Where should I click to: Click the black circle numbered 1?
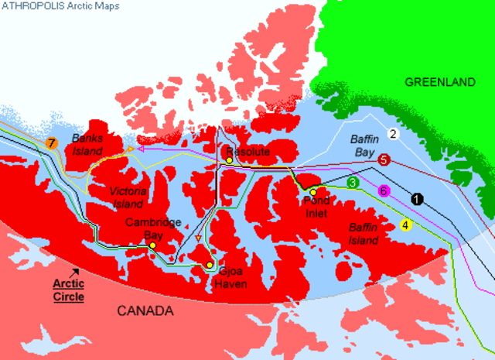pos(418,198)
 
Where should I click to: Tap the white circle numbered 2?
pos(392,134)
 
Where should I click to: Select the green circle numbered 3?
pos(353,183)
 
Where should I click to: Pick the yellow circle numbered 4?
pos(406,226)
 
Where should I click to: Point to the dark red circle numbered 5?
pos(384,159)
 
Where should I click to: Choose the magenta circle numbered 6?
pos(383,190)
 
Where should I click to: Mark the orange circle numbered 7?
pos(51,143)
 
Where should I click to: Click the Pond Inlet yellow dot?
pos(313,192)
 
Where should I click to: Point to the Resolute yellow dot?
pos(229,160)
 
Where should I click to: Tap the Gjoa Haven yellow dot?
pos(209,266)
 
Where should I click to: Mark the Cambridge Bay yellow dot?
pos(153,245)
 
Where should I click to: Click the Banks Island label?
pos(87,143)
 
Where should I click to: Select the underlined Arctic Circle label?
pos(68,289)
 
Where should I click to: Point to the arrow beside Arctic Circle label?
pos(74,272)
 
